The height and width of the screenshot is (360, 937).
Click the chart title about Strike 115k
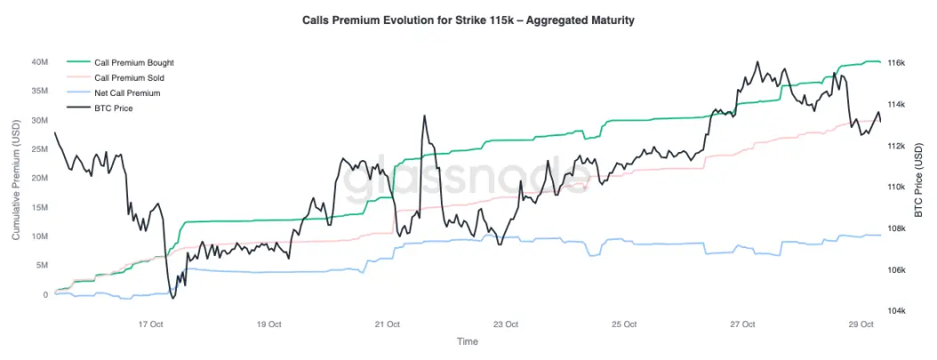(468, 20)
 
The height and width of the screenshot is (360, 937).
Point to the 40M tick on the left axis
(38, 62)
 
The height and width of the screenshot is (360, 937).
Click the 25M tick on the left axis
(38, 149)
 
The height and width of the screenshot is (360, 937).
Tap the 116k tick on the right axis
(896, 63)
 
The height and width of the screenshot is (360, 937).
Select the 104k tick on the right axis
(896, 311)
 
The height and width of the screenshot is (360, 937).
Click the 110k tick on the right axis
(896, 187)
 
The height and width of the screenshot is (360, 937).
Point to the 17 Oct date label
(150, 324)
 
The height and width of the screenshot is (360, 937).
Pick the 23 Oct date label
(506, 324)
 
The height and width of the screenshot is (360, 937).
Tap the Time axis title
(467, 341)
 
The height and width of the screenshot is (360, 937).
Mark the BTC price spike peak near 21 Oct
(424, 116)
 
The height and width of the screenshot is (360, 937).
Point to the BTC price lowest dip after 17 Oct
(172, 298)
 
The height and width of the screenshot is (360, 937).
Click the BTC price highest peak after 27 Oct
(757, 62)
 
